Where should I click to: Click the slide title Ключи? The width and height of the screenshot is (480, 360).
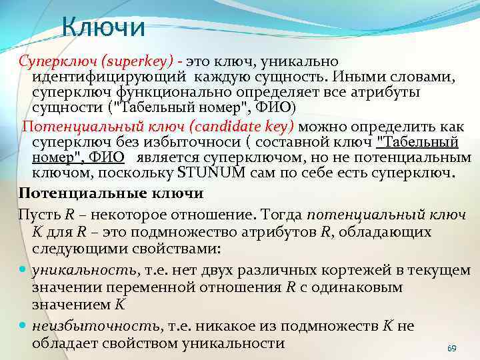coord(103,27)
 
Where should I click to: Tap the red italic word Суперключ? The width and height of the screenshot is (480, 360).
coord(53,61)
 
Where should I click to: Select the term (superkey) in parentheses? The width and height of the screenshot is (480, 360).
coord(141,61)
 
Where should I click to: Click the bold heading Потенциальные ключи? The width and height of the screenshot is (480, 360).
coord(111,194)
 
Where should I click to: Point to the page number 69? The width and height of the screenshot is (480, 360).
coord(451,349)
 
